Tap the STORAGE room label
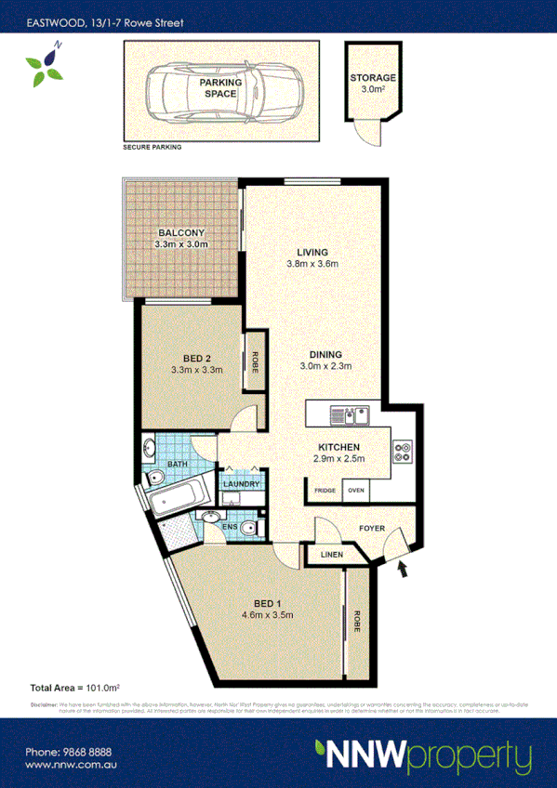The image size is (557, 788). (x=373, y=78)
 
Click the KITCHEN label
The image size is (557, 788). (x=336, y=448)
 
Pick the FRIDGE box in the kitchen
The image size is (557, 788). (x=325, y=491)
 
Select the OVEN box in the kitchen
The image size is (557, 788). (x=355, y=491)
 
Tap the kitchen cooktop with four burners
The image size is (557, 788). (x=403, y=450)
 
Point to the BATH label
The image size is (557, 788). (x=179, y=464)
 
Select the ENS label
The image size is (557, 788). (x=230, y=526)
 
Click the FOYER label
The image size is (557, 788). (x=372, y=528)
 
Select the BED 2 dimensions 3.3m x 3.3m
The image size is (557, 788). (x=196, y=369)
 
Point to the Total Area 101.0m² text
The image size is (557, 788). (x=76, y=688)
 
